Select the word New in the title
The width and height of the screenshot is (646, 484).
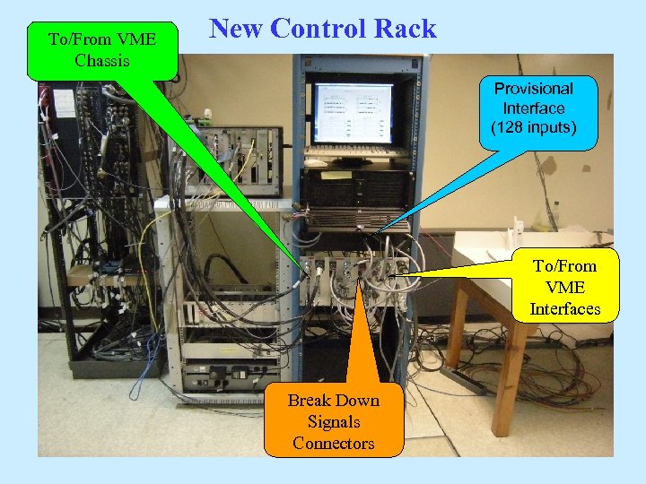(237, 29)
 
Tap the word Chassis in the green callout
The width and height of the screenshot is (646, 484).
(102, 61)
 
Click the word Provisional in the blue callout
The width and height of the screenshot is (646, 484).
(534, 88)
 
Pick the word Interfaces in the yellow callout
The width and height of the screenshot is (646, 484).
(564, 309)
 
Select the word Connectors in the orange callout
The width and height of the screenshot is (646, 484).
(334, 443)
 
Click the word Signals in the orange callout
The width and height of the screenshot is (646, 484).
(334, 421)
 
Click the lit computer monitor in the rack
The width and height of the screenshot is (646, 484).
(353, 114)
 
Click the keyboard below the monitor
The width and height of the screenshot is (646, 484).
(355, 158)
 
